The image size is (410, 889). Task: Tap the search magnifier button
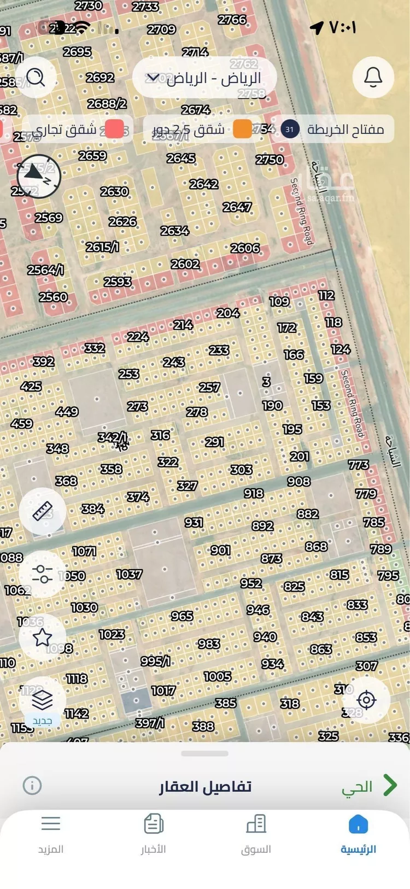click(x=36, y=78)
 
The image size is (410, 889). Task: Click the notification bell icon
click(x=373, y=78)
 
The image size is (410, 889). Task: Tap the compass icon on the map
click(x=39, y=176)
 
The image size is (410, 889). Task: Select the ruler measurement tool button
click(x=43, y=511)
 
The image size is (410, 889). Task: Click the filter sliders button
click(x=43, y=574)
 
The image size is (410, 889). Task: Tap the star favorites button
click(x=43, y=637)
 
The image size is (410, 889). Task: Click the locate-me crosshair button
click(x=366, y=700)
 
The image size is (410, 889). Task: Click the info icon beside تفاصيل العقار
click(x=32, y=786)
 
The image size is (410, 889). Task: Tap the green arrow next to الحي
click(x=390, y=786)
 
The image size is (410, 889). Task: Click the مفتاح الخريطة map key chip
click(x=336, y=130)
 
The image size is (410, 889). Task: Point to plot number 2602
click(x=185, y=264)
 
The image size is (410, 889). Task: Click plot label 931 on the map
click(x=194, y=522)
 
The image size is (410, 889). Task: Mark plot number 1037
click(x=129, y=574)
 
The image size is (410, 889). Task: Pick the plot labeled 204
click(x=228, y=313)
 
